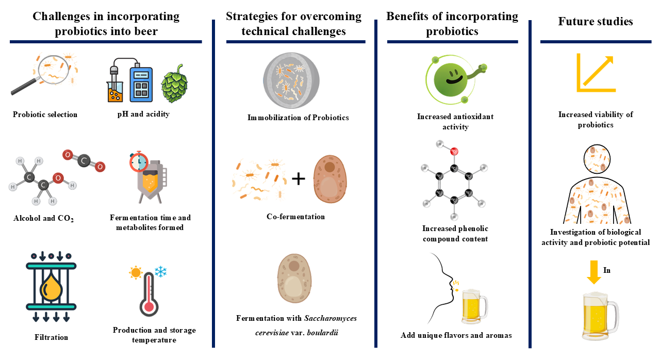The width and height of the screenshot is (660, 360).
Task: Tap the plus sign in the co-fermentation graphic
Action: (x=298, y=178)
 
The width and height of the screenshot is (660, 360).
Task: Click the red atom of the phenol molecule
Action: (x=454, y=151)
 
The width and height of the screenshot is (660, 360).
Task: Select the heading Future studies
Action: (x=595, y=22)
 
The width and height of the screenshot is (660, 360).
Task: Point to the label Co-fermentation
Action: (x=296, y=217)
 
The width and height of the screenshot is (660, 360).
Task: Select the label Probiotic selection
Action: (x=45, y=114)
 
